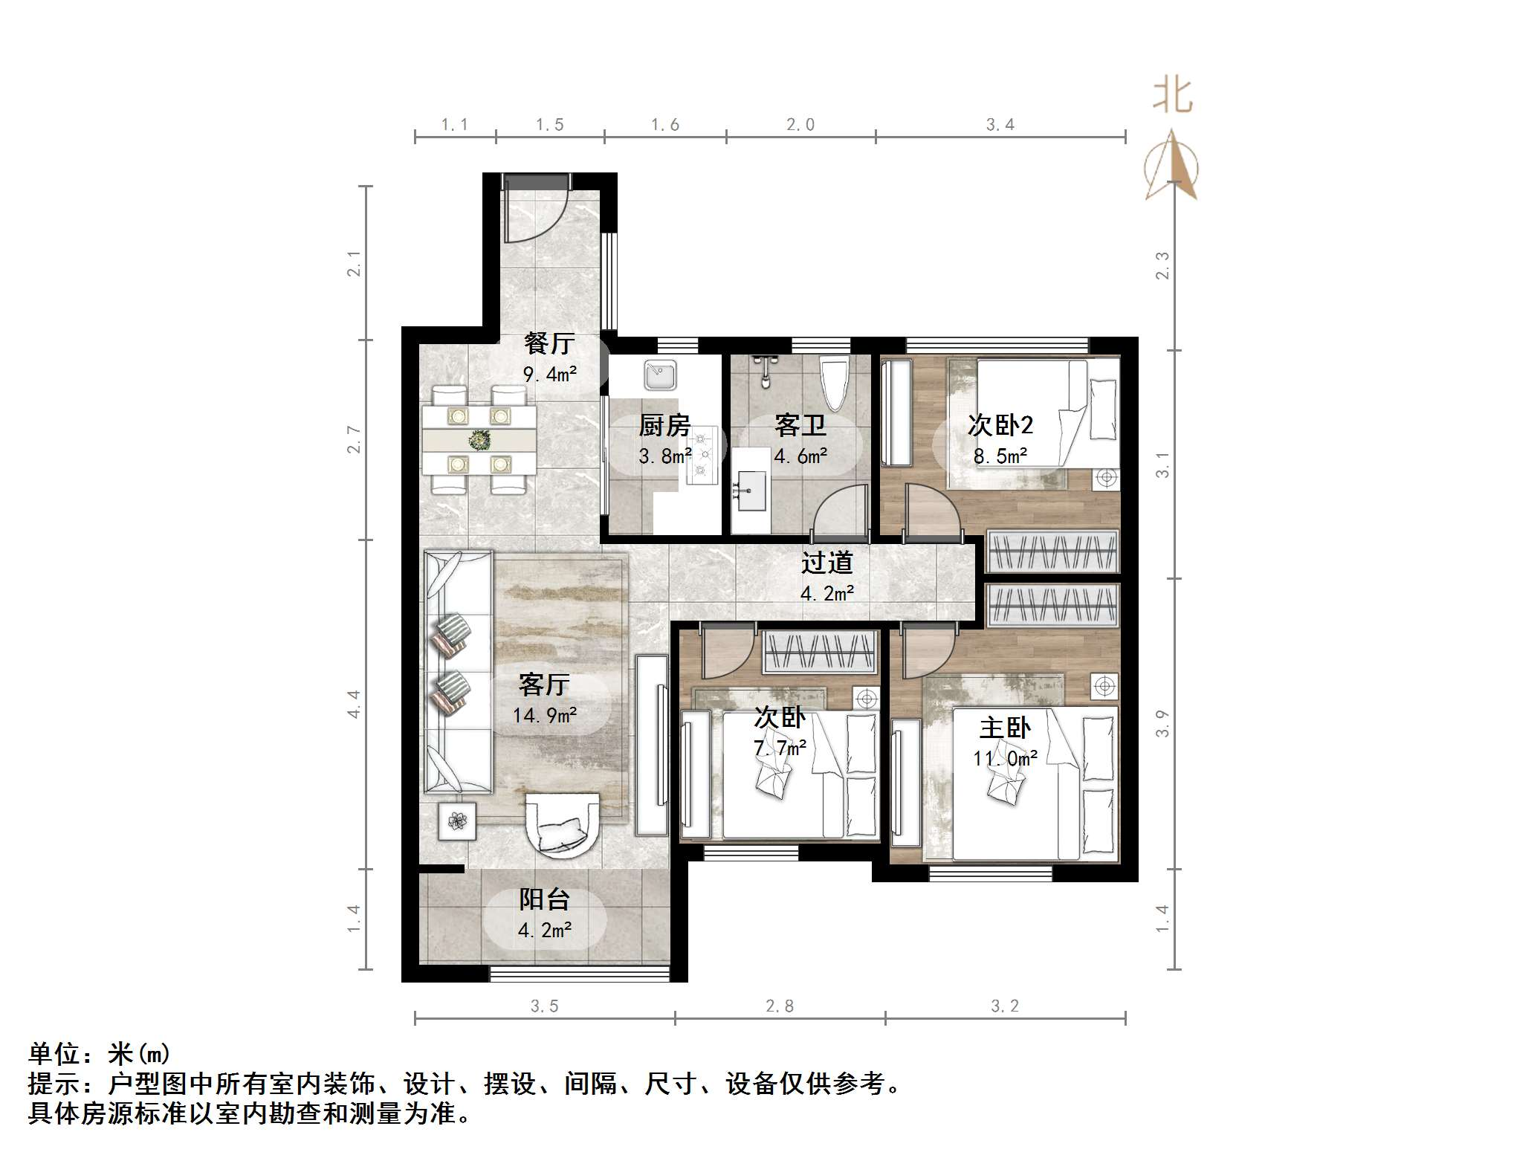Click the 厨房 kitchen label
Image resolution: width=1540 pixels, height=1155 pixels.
pyautogui.click(x=664, y=426)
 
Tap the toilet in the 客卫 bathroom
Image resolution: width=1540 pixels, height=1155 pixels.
pyautogui.click(x=834, y=383)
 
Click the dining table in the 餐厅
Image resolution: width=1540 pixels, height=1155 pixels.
pyautogui.click(x=479, y=440)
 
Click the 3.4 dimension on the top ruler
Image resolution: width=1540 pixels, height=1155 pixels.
pyautogui.click(x=1000, y=125)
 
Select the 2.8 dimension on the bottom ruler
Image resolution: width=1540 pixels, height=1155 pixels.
pyautogui.click(x=780, y=1006)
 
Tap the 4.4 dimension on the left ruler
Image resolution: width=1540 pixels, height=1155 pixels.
pyautogui.click(x=354, y=704)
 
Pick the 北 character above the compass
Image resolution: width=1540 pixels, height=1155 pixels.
pyautogui.click(x=1173, y=96)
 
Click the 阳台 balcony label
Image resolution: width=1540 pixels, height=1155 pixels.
pyautogui.click(x=544, y=899)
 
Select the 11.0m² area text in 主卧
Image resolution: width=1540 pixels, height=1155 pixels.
pyautogui.click(x=1005, y=758)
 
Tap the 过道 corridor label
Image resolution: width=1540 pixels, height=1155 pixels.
pyautogui.click(x=826, y=563)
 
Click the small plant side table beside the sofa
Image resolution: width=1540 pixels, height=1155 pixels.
pyautogui.click(x=456, y=821)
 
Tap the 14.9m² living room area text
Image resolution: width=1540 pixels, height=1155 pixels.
pyautogui.click(x=545, y=715)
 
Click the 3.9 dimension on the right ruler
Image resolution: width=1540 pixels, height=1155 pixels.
pyautogui.click(x=1162, y=723)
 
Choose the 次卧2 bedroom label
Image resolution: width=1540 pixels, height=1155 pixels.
pyautogui.click(x=1000, y=425)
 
